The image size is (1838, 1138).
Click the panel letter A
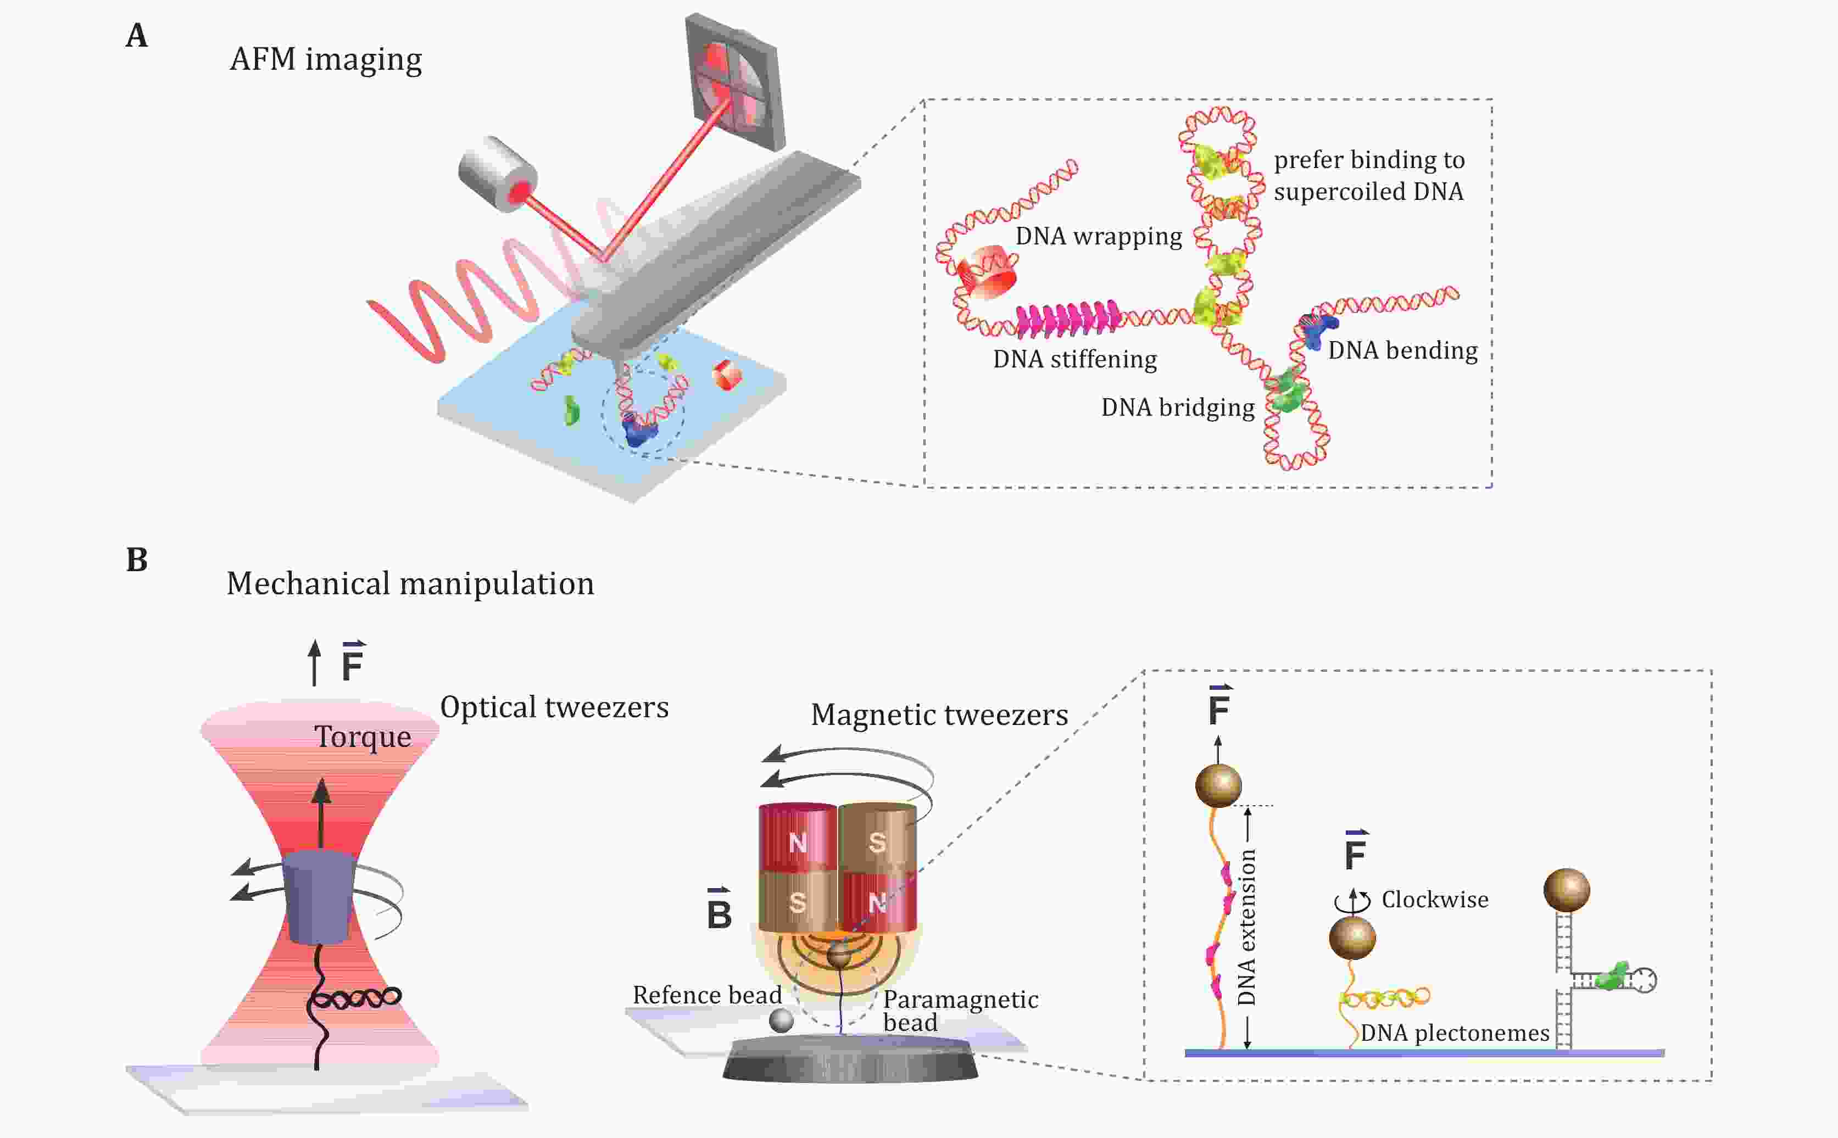coord(136,35)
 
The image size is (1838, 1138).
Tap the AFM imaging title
coord(325,59)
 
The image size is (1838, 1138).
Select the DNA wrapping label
coord(1098,236)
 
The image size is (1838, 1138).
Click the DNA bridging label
coord(1177,407)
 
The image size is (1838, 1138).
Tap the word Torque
coord(362,737)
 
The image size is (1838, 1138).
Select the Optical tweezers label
coord(554,707)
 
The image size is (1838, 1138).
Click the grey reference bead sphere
coord(781,1020)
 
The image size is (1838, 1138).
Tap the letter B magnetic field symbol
coord(719,912)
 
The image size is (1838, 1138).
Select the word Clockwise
coord(1435,900)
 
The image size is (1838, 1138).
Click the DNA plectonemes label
coord(1454,1033)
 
